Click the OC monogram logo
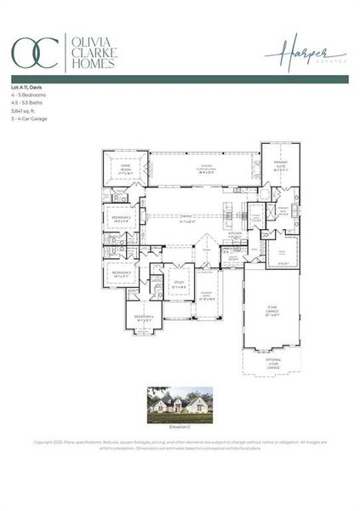(34, 52)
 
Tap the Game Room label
(124, 167)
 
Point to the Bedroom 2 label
(121, 218)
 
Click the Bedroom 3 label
(121, 273)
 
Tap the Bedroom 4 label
(143, 317)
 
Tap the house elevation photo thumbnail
(179, 401)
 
